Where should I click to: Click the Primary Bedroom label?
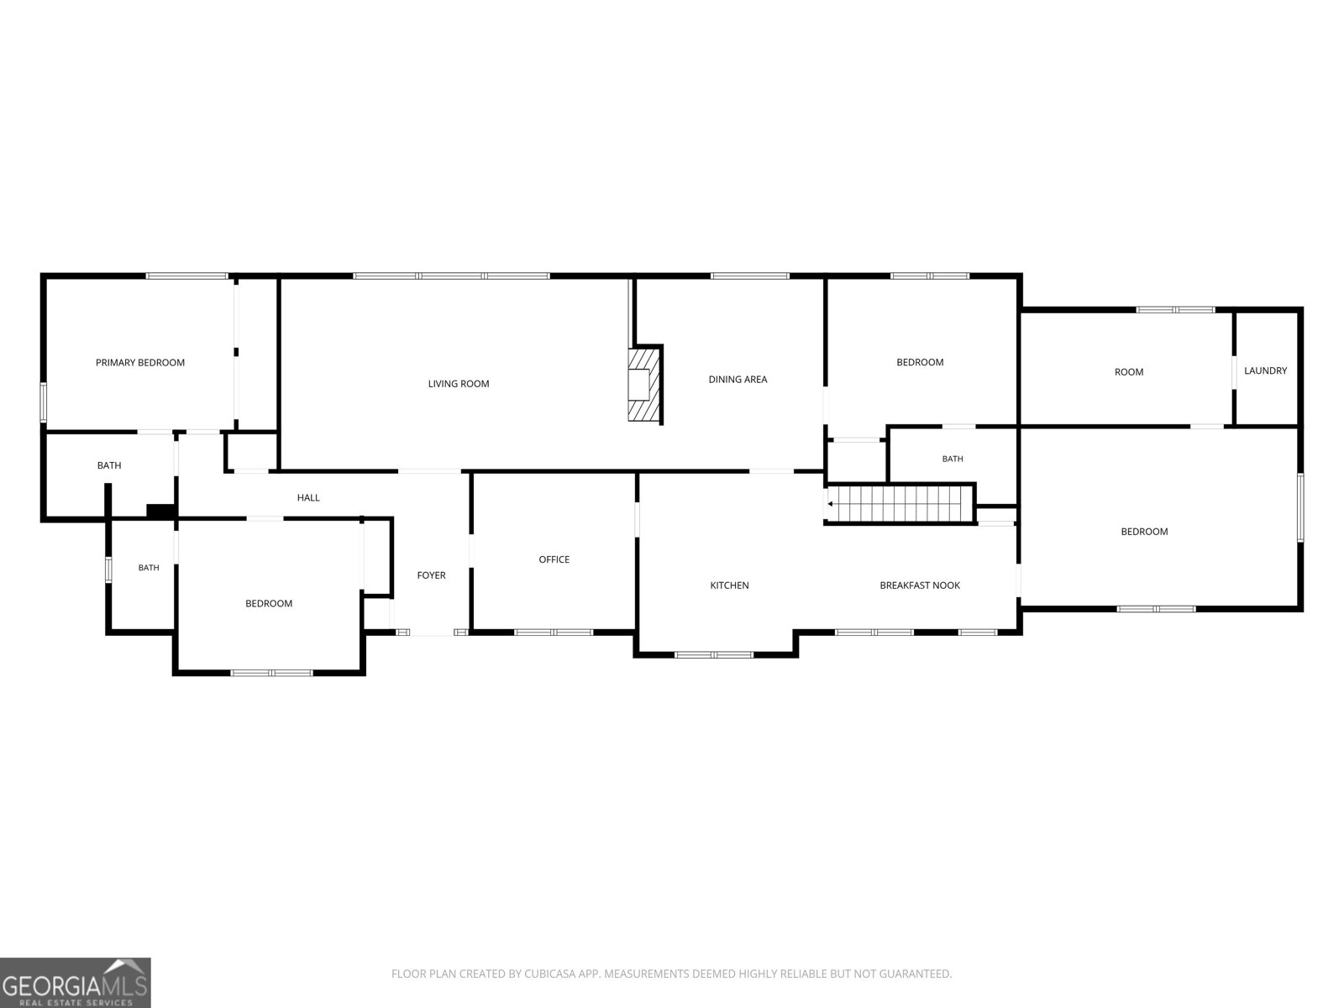[139, 362]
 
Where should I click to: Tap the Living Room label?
[458, 384]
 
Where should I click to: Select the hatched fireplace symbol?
[645, 385]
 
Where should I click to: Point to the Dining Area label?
[738, 380]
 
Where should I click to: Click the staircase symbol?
[900, 504]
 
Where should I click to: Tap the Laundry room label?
[1265, 370]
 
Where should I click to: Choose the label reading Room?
[1128, 371]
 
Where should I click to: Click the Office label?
[554, 559]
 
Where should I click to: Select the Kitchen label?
[729, 585]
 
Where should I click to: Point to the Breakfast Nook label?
[920, 585]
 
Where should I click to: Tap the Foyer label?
[431, 575]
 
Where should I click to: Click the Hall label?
[308, 497]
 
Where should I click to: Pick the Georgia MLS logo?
[76, 982]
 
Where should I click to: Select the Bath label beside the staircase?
[952, 459]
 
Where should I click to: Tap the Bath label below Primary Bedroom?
[109, 465]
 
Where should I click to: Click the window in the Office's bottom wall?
[554, 633]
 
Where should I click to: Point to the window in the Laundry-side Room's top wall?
[1175, 310]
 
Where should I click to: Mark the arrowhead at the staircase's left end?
[830, 504]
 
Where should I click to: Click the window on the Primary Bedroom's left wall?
[44, 402]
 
